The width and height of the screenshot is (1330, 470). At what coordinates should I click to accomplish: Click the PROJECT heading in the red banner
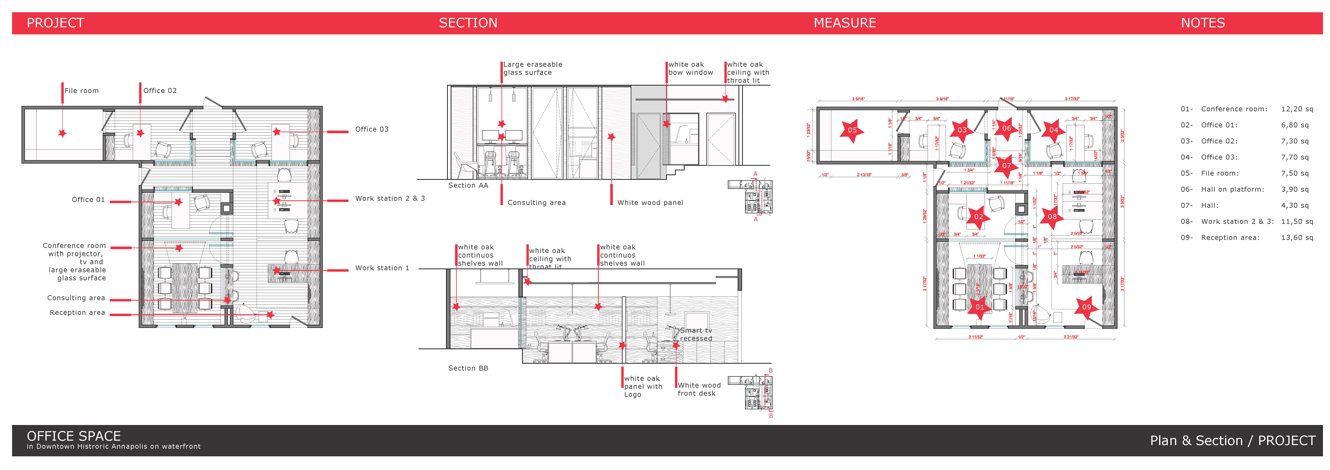point(55,23)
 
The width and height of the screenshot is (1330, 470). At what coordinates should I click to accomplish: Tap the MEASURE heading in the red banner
point(845,23)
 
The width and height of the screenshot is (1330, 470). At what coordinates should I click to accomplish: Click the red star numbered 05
point(852,130)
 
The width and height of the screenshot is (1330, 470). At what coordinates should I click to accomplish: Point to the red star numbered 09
point(1086,307)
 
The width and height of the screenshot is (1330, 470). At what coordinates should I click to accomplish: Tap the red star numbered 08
point(1052,217)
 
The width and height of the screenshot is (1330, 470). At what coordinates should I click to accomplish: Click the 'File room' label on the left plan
point(82,91)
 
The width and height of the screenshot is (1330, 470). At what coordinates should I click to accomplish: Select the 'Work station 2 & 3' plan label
point(390,199)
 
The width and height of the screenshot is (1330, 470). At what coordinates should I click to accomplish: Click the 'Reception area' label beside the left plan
point(77,313)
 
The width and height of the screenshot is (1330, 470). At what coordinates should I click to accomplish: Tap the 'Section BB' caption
point(468,368)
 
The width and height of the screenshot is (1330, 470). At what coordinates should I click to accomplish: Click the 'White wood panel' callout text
point(650,203)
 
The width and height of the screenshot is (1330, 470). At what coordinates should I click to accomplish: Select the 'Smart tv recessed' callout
point(696,334)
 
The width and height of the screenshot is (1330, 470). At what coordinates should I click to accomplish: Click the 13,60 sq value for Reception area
point(1296,238)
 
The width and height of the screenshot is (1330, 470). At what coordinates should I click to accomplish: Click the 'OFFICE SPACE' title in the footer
point(74,436)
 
